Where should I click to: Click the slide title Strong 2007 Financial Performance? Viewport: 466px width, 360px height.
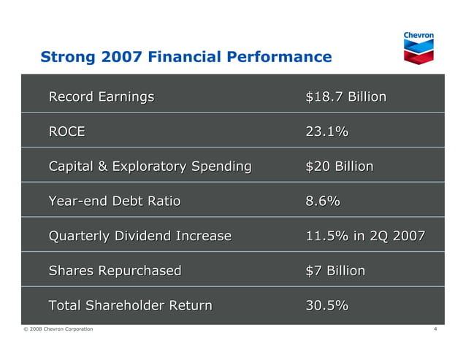coord(186,57)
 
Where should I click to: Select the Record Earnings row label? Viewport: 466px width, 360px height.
coord(102,97)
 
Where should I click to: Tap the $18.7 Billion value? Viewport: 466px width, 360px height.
coord(345,97)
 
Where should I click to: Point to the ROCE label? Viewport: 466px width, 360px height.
coord(66,132)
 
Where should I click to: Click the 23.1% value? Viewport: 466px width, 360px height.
coord(326,132)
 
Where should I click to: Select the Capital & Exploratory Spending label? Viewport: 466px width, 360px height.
coord(150,166)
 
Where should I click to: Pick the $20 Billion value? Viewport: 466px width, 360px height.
coord(339,166)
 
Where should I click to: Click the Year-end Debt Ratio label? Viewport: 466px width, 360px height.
coord(114,202)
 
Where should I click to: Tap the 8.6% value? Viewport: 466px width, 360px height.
coord(322,202)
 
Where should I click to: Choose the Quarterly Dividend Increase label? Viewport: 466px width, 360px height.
coord(140,237)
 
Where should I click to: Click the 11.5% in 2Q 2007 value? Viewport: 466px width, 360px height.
coord(364,237)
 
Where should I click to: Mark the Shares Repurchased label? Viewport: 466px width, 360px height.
coord(115,271)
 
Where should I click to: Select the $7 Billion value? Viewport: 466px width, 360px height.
coord(335,271)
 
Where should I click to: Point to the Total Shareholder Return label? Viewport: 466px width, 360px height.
coord(130,306)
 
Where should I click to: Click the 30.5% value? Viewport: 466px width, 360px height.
coord(326,306)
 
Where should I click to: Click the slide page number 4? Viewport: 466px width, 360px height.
coord(435,329)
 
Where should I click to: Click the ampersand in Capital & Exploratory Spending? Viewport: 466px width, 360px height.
coord(102,167)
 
